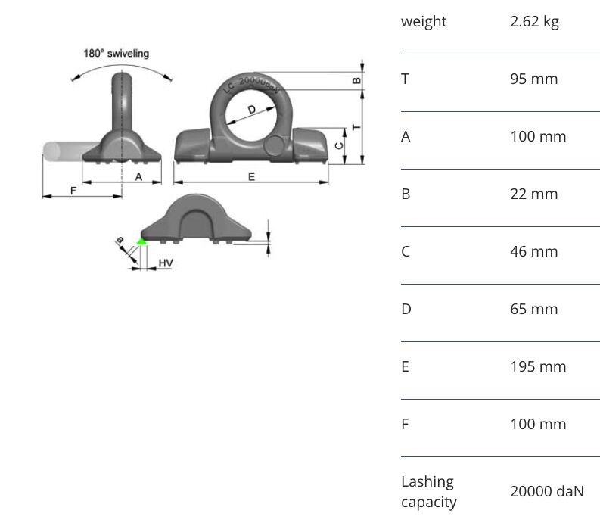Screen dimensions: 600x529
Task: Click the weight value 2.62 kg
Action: [x=534, y=21]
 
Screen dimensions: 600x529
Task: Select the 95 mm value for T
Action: [x=534, y=79]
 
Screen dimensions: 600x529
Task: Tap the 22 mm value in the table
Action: [x=534, y=194]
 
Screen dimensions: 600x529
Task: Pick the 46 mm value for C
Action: [x=534, y=251]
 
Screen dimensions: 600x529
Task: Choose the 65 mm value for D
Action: [x=534, y=309]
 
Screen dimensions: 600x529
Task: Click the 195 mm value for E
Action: [x=538, y=366]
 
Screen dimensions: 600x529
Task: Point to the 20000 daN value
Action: [x=547, y=491]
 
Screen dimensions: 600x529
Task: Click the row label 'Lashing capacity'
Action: [x=428, y=491]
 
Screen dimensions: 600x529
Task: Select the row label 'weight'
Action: [x=424, y=21]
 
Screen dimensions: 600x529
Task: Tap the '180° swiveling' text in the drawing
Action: [x=117, y=53]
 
